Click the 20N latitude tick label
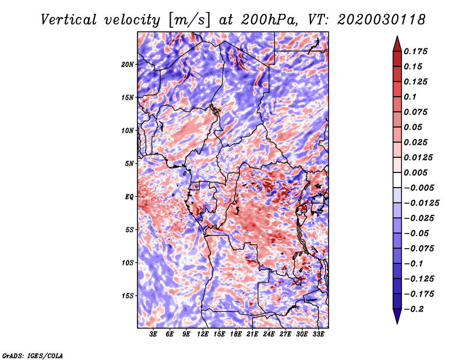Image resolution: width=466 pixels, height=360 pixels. coord(128,65)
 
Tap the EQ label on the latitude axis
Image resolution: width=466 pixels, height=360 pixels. coord(129,197)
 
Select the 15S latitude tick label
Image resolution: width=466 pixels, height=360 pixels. coord(128,296)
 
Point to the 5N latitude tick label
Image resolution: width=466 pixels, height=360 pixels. coord(129,164)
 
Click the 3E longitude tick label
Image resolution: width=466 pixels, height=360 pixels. coord(153,334)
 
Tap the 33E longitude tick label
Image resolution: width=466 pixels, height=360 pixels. coord(318,334)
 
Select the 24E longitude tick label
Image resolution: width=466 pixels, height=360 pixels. coord(269,334)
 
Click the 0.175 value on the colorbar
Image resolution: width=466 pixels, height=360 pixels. coord(416,51)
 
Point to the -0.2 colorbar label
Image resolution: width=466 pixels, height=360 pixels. coord(414,309)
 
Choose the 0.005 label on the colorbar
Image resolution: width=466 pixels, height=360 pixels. coord(416,172)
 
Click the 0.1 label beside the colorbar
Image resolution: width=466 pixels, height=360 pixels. coord(411,97)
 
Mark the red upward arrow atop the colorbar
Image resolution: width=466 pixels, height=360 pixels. coord(397,44)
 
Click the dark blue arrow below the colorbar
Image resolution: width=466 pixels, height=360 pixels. coord(397,316)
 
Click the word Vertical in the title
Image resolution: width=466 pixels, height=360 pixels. coord(69,20)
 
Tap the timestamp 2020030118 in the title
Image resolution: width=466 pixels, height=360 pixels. coord(382,20)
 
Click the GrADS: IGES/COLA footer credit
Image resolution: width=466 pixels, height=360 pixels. coord(33,355)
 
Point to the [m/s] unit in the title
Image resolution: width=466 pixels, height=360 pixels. coord(189,20)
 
